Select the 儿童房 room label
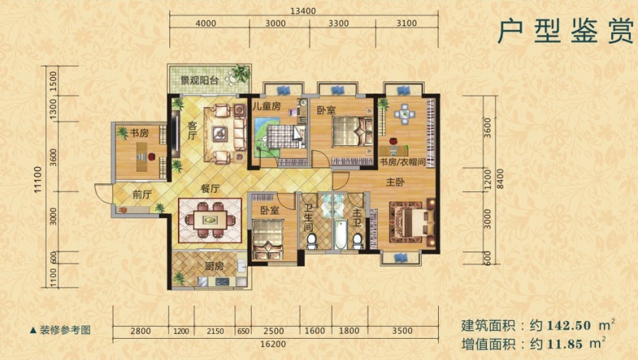(x=267, y=107)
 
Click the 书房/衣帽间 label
(x=401, y=163)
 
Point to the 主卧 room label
(x=396, y=182)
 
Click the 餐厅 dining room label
(x=208, y=190)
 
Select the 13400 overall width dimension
(x=303, y=10)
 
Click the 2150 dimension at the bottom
(x=215, y=330)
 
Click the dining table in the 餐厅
(x=209, y=220)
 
